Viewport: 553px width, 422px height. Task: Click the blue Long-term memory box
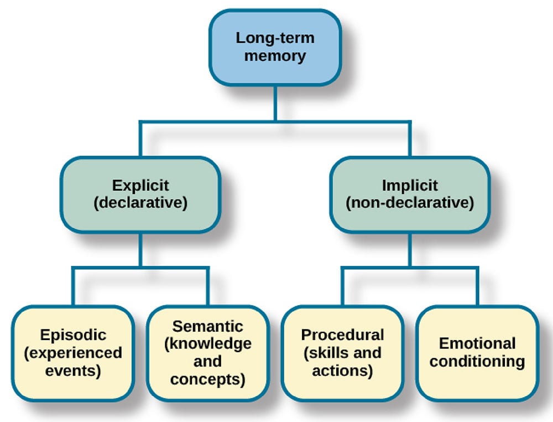pyautogui.click(x=275, y=47)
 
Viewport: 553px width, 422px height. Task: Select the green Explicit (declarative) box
pyautogui.click(x=140, y=194)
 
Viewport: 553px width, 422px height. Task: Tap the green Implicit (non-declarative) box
pyautogui.click(x=409, y=194)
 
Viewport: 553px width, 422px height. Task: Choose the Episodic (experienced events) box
pyautogui.click(x=73, y=353)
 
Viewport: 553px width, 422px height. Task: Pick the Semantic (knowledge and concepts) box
pyautogui.click(x=207, y=353)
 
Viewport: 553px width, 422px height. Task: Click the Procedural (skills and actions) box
pyautogui.click(x=342, y=353)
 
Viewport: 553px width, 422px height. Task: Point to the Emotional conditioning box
pyautogui.click(x=477, y=353)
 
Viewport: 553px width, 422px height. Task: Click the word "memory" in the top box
pyautogui.click(x=275, y=56)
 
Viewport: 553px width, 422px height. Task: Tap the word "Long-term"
pyautogui.click(x=275, y=38)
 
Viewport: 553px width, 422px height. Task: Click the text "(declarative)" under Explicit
pyautogui.click(x=140, y=203)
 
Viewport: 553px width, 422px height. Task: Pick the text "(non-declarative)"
pyautogui.click(x=409, y=203)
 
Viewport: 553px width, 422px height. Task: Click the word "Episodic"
pyautogui.click(x=73, y=335)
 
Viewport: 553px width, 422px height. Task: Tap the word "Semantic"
pyautogui.click(x=207, y=326)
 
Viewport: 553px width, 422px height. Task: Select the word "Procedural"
pyautogui.click(x=342, y=335)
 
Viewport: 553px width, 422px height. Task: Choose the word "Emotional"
pyautogui.click(x=477, y=343)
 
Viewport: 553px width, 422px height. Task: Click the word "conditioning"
pyautogui.click(x=477, y=362)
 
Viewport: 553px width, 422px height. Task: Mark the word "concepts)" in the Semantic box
pyautogui.click(x=207, y=379)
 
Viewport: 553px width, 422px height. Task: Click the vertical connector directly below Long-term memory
pyautogui.click(x=275, y=102)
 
